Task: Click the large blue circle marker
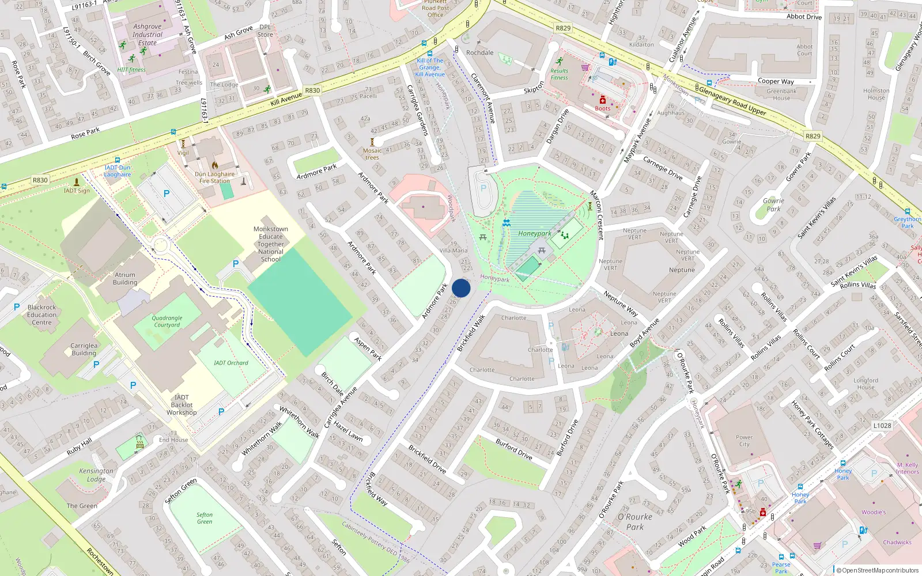pyautogui.click(x=461, y=288)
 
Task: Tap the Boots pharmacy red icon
pyautogui.click(x=603, y=100)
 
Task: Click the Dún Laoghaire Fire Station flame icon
pyautogui.click(x=215, y=165)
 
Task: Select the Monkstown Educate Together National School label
pyautogui.click(x=271, y=244)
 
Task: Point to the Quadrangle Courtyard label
pyautogui.click(x=167, y=321)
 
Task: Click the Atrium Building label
pyautogui.click(x=125, y=279)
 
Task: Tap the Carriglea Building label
pyautogui.click(x=84, y=350)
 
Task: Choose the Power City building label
pyautogui.click(x=745, y=441)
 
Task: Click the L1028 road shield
pyautogui.click(x=882, y=426)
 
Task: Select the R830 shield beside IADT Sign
pyautogui.click(x=40, y=180)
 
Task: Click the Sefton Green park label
pyautogui.click(x=205, y=518)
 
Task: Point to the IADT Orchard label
pyautogui.click(x=231, y=363)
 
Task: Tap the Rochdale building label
pyautogui.click(x=480, y=52)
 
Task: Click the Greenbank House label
pyautogui.click(x=782, y=94)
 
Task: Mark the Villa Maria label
pyautogui.click(x=454, y=251)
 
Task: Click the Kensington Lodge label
pyautogui.click(x=96, y=475)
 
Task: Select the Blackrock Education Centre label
pyautogui.click(x=42, y=315)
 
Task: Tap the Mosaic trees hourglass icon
pyautogui.click(x=372, y=142)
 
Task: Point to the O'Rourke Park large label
pyautogui.click(x=635, y=522)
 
